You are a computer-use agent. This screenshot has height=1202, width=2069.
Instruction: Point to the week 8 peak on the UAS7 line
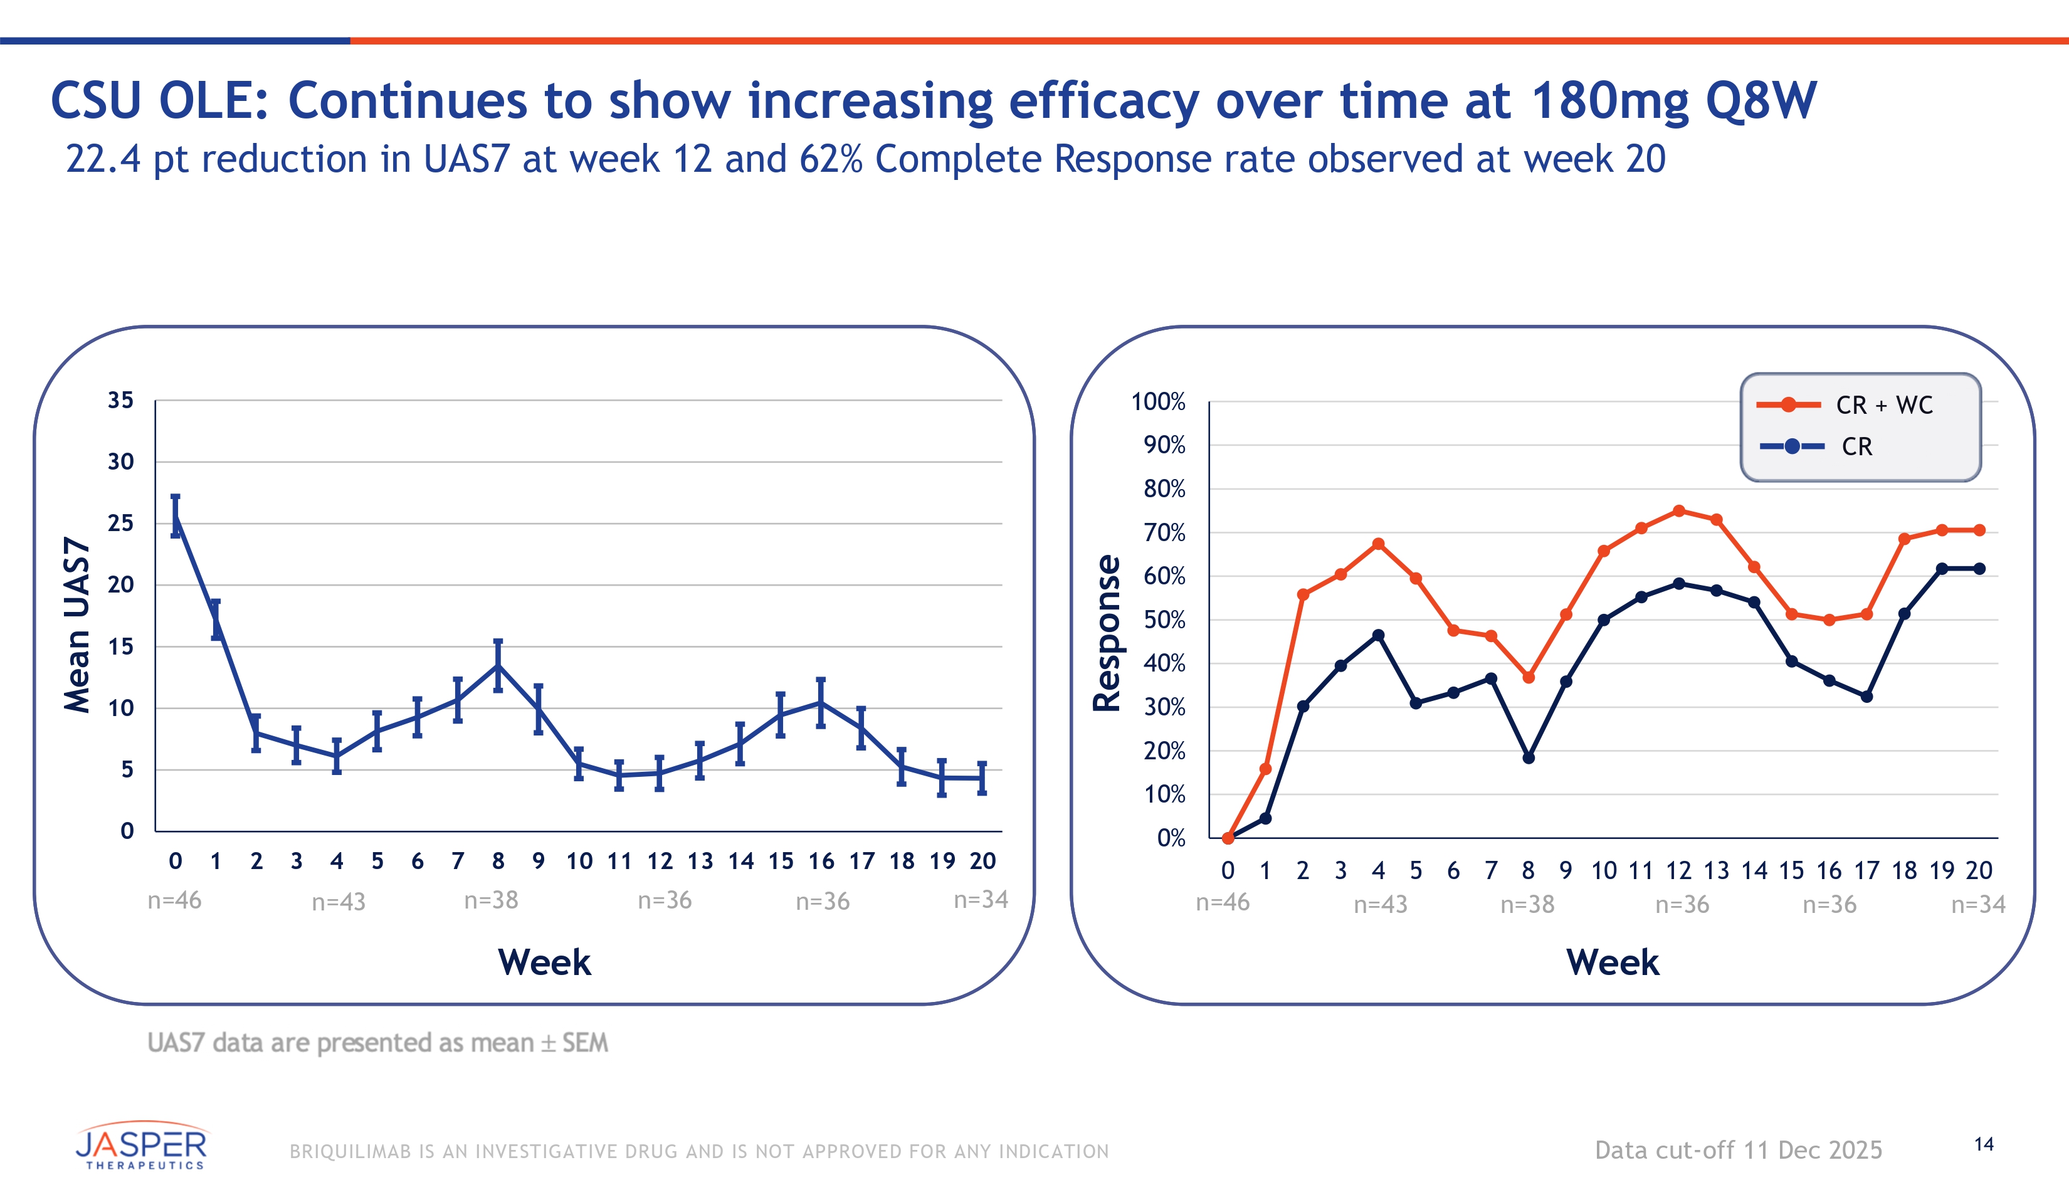[x=498, y=665]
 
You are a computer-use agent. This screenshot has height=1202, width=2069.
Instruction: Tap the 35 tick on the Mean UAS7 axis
[x=120, y=401]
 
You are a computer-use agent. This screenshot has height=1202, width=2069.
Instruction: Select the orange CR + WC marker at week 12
[x=1679, y=510]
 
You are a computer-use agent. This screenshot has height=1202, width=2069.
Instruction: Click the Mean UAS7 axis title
[x=77, y=624]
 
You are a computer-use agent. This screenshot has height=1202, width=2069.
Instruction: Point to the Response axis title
[x=1107, y=632]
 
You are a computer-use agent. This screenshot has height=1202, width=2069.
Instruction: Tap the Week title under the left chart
[x=544, y=962]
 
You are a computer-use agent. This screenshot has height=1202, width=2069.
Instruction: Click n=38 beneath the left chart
[x=491, y=900]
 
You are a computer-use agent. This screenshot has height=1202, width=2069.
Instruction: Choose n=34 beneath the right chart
[x=1978, y=905]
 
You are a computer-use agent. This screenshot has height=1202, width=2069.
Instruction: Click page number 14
[x=1984, y=1144]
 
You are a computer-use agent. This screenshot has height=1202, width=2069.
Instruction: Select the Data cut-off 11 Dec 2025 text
[x=1738, y=1151]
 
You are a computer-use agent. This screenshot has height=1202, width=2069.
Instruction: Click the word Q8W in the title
[x=1761, y=101]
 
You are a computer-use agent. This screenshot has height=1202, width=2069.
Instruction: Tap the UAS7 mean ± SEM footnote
[x=377, y=1043]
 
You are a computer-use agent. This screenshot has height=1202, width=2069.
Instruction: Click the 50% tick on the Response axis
[x=1164, y=620]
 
